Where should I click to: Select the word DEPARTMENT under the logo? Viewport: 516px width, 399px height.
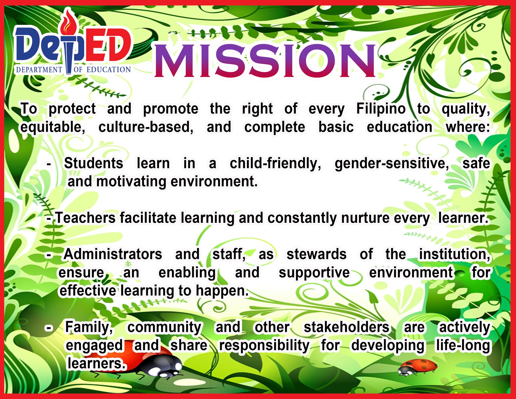point(39,70)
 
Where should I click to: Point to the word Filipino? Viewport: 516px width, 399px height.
point(381,109)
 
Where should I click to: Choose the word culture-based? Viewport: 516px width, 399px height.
point(146,127)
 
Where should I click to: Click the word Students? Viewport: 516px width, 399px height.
point(93,163)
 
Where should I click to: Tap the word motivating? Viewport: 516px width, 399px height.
point(131,181)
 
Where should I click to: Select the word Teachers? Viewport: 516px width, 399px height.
point(85,218)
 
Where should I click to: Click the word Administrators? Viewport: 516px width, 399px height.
point(113,254)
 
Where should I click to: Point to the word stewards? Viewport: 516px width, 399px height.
point(316,254)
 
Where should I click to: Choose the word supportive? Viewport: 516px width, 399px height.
point(314,273)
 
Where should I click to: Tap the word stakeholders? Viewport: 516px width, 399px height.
point(346,327)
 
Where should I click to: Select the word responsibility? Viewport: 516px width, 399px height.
point(264,346)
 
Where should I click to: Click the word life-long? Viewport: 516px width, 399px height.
point(463,345)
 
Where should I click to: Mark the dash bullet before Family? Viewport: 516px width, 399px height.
point(49,328)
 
